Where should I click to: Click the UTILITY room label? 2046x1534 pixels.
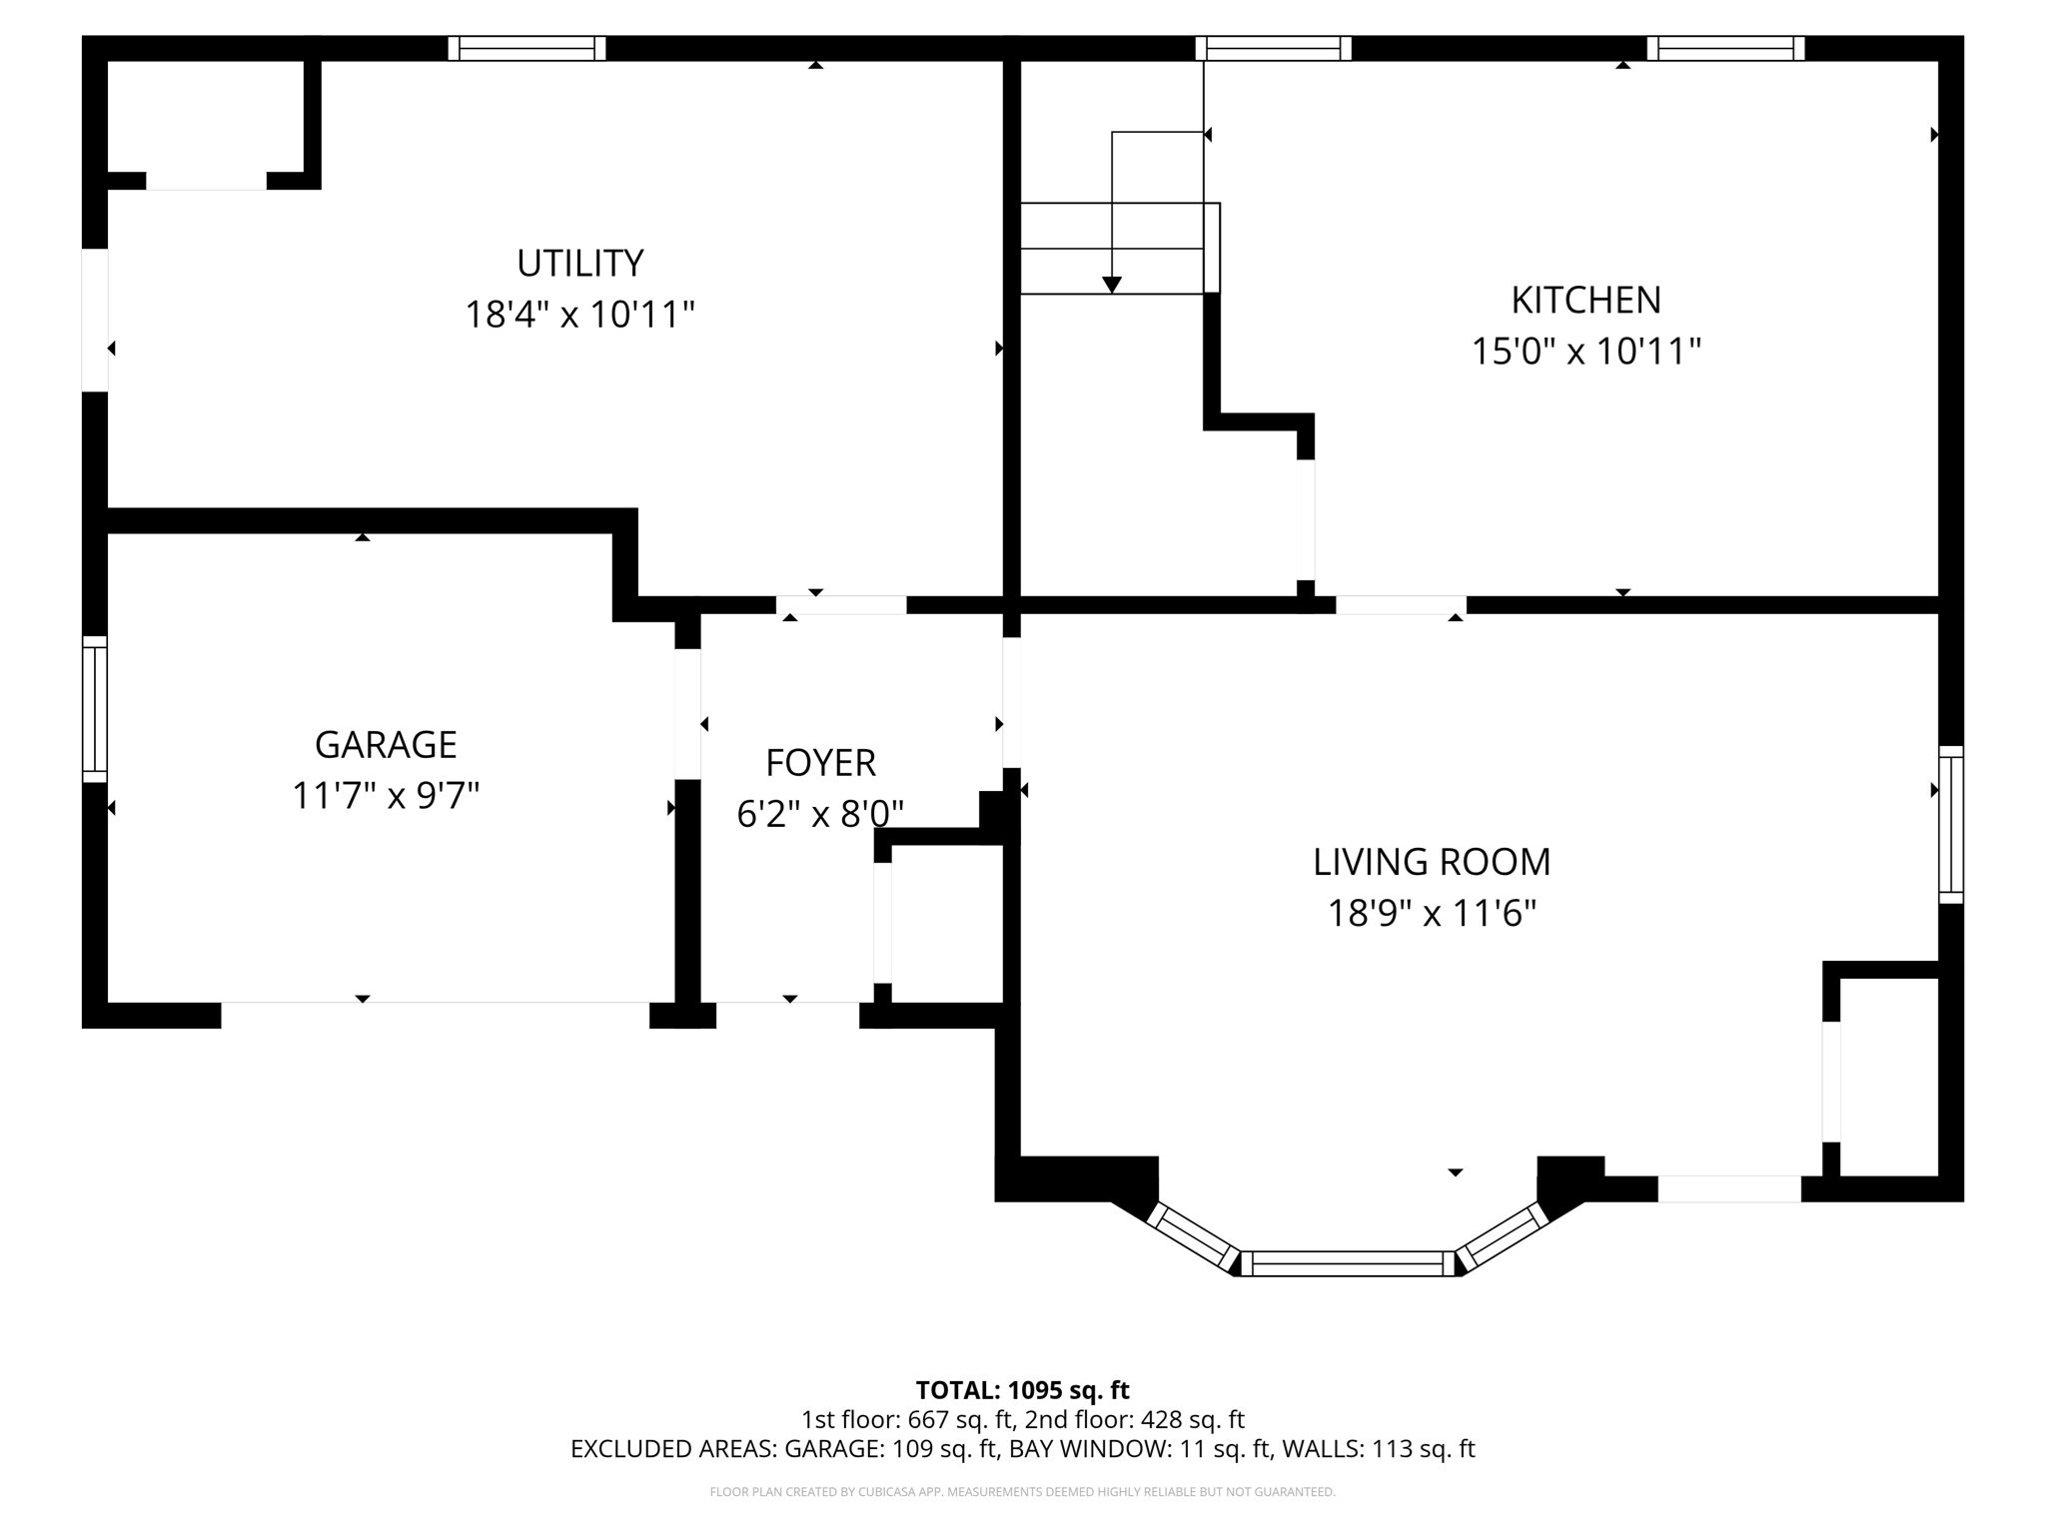pyautogui.click(x=579, y=264)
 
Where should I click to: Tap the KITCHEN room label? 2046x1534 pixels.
pyautogui.click(x=1585, y=300)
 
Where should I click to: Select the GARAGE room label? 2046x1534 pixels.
pyautogui.click(x=386, y=745)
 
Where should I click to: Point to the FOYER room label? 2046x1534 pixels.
pyautogui.click(x=820, y=763)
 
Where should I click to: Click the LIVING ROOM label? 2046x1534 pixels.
pyautogui.click(x=1432, y=862)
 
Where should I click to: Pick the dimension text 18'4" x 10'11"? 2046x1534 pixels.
pyautogui.click(x=579, y=316)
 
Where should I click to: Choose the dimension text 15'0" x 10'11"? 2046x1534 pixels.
pyautogui.click(x=1585, y=352)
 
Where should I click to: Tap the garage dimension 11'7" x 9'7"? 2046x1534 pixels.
pyautogui.click(x=386, y=797)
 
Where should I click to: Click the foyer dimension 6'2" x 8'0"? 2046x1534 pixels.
pyautogui.click(x=820, y=815)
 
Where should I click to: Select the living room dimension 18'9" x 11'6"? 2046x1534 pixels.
pyautogui.click(x=1432, y=914)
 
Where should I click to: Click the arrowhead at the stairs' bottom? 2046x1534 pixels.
pyautogui.click(x=1112, y=286)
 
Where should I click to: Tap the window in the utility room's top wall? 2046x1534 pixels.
pyautogui.click(x=526, y=49)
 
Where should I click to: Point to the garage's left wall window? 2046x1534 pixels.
pyautogui.click(x=94, y=709)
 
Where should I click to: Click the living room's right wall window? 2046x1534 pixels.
pyautogui.click(x=1950, y=824)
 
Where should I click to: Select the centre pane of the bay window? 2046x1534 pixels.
pyautogui.click(x=1348, y=1263)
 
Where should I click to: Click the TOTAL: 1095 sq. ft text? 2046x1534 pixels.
pyautogui.click(x=1022, y=1390)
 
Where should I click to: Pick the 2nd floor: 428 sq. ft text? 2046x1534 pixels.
pyautogui.click(x=1135, y=1419)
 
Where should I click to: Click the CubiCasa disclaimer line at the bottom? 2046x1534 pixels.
pyautogui.click(x=1022, y=1492)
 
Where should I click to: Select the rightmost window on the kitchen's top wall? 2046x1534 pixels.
pyautogui.click(x=1725, y=49)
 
